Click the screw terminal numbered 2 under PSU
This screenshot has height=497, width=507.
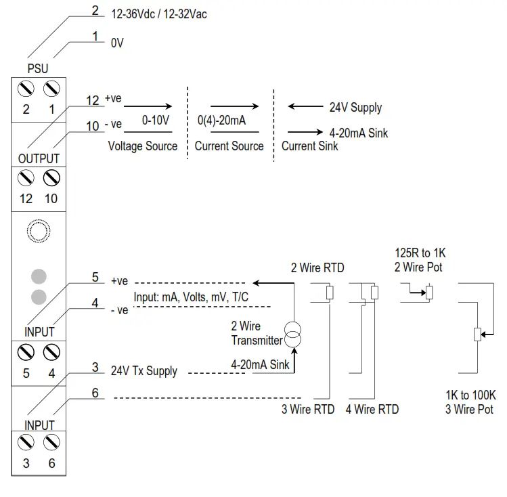(26, 88)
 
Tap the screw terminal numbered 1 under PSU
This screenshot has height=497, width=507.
(51, 88)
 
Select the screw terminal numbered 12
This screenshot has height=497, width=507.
(26, 178)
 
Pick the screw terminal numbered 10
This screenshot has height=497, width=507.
(51, 178)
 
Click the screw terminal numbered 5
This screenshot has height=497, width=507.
(26, 352)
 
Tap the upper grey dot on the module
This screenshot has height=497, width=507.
(39, 276)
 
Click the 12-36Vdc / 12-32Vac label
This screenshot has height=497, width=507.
(158, 14)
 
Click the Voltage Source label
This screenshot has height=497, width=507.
(143, 146)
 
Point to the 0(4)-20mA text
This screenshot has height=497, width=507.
(221, 121)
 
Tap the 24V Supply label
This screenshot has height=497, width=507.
(355, 108)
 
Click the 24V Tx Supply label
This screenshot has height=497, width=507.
(144, 371)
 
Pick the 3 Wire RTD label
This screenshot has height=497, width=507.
(308, 409)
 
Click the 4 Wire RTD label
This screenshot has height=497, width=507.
(372, 409)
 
